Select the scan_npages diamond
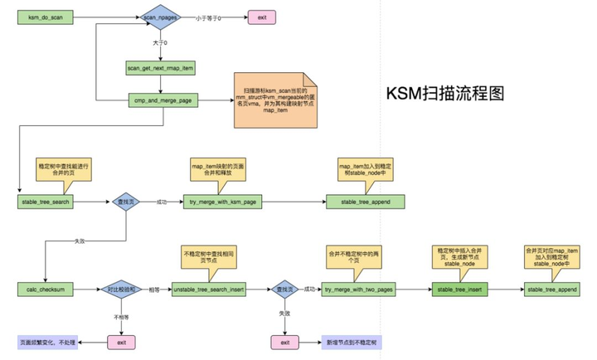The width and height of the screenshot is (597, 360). (159, 16)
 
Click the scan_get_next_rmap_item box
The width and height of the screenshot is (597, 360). (162, 67)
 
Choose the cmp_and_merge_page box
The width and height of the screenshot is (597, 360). (162, 100)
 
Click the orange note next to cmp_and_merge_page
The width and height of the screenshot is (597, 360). (272, 105)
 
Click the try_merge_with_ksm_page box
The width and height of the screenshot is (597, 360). (230, 202)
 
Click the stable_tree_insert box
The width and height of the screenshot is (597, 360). (459, 289)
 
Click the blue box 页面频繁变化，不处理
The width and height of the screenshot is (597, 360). (47, 342)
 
